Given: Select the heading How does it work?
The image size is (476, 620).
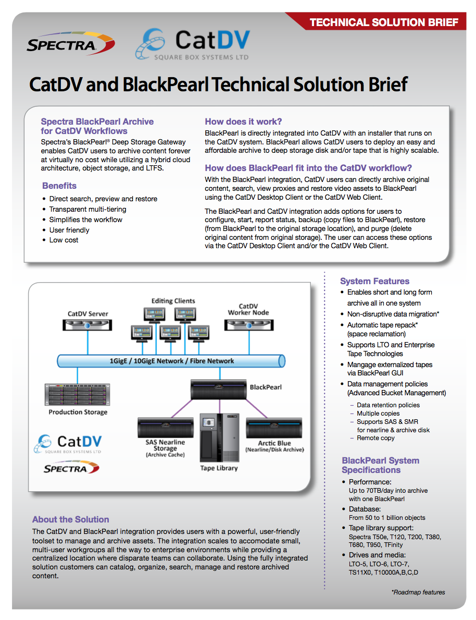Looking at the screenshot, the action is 243,122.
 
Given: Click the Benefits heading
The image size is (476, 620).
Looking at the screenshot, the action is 59,186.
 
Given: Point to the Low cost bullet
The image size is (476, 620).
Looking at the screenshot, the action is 64,240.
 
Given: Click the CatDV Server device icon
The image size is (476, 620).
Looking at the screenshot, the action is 87,325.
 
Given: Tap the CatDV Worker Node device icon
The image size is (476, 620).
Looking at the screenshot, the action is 249,325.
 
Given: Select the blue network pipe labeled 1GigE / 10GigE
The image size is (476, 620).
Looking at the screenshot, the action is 171,361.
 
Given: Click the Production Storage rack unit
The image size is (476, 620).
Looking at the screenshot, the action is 78,394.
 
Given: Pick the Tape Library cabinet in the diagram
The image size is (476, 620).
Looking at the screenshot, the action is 219,437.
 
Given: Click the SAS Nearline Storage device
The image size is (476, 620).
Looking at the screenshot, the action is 166,428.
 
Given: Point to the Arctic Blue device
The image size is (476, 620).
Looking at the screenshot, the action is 274,428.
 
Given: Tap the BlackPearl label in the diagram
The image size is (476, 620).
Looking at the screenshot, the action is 266,387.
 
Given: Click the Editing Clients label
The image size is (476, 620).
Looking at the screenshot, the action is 173,301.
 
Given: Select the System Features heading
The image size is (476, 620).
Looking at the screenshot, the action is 375,281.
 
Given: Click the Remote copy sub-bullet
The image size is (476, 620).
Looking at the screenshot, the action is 375,438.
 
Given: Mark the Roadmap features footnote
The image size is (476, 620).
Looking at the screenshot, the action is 418,592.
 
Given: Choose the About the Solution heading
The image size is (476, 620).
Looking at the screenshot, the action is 71,519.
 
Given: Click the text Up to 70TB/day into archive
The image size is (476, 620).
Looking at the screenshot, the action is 389,491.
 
